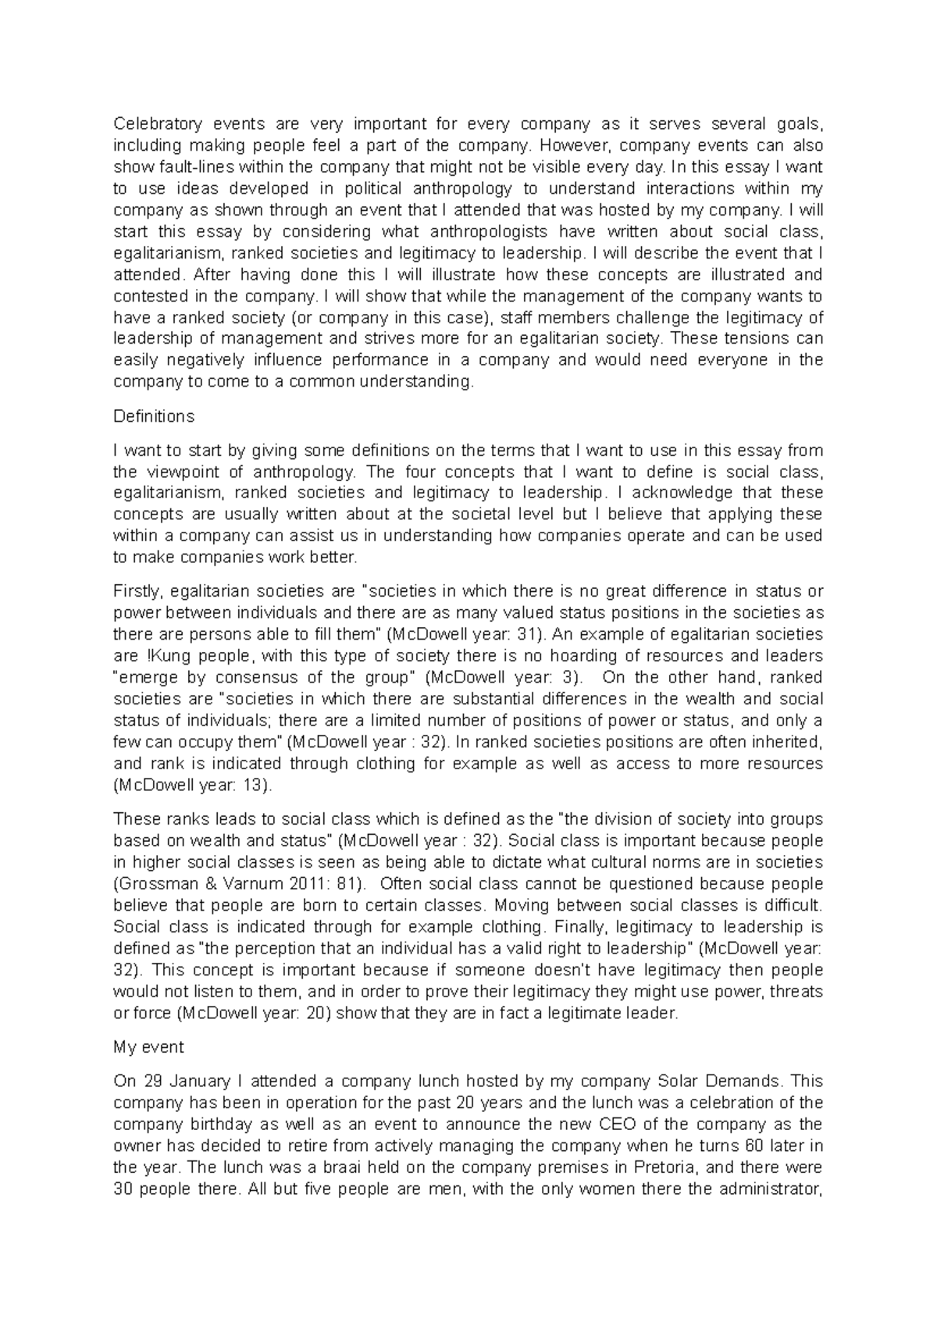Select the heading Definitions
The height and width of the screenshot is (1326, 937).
pyautogui.click(x=154, y=416)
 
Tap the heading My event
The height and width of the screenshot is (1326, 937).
pyautogui.click(x=148, y=1046)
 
